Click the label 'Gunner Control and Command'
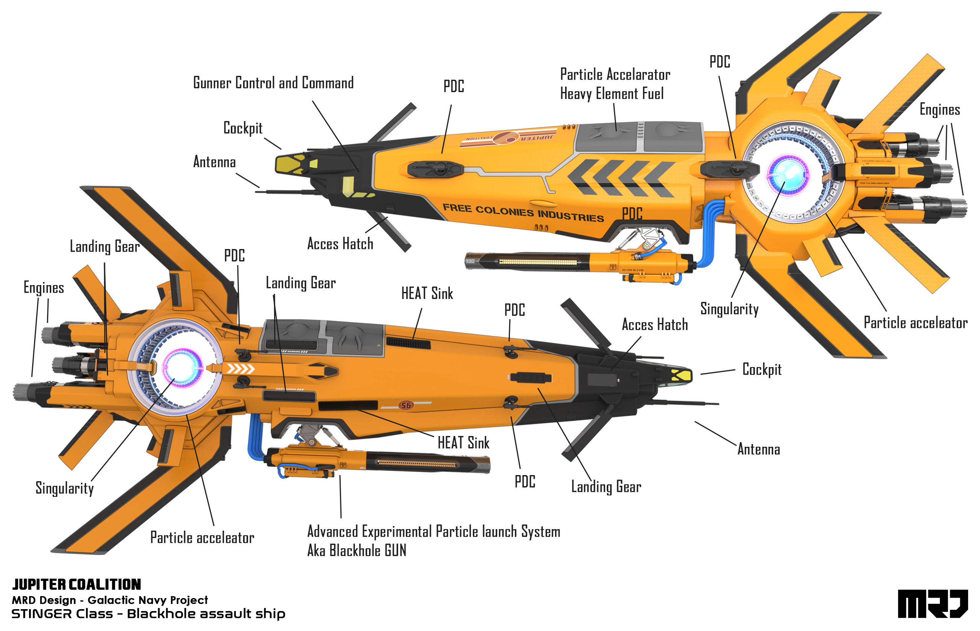pos(273,83)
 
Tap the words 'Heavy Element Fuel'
pos(612,94)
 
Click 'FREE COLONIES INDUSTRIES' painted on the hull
pos(523,212)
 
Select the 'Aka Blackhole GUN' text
pos(356,550)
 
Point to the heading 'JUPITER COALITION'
pos(77,584)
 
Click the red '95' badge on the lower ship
pos(406,405)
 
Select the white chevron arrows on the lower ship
pos(241,369)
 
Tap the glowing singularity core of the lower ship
pos(182,367)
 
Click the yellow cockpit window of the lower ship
pos(681,375)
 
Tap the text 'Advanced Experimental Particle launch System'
pos(433,531)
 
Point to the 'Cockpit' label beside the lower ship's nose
pos(761,370)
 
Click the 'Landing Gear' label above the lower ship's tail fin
pos(105,247)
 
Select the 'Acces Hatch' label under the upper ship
pos(340,244)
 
